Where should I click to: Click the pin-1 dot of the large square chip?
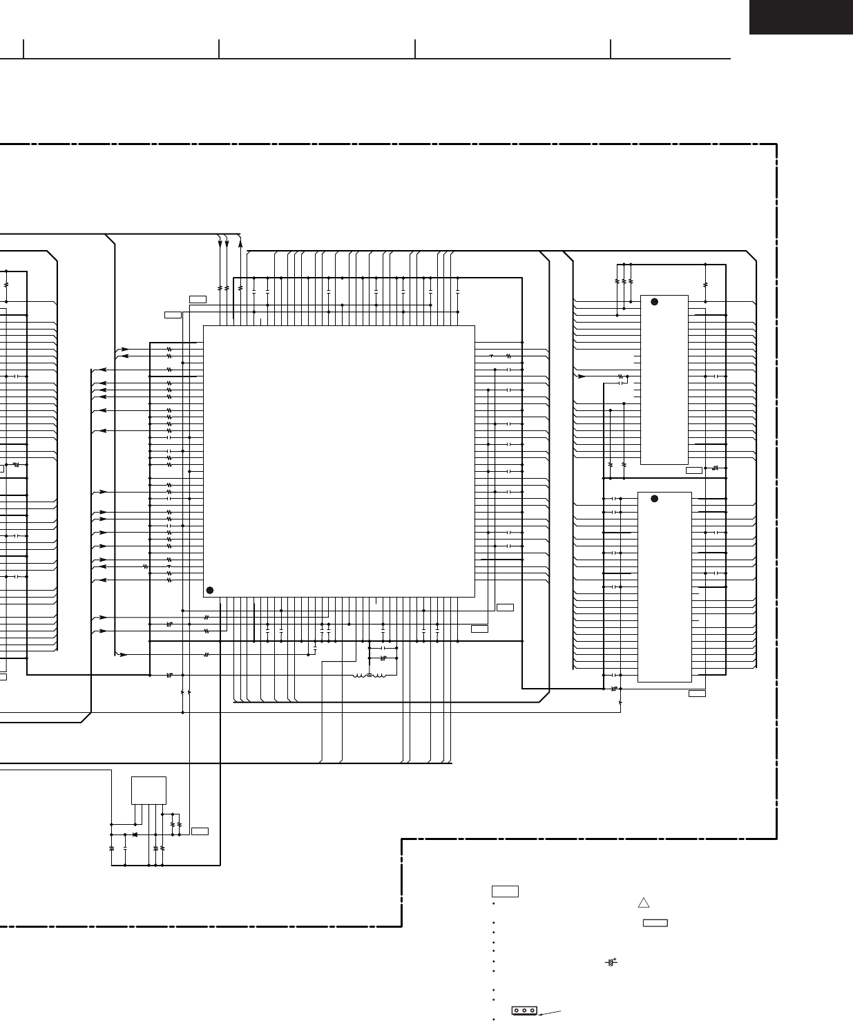point(210,589)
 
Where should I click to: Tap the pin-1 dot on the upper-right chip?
point(653,302)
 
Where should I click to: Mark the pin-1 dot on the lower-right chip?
point(653,499)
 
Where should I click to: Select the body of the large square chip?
point(339,461)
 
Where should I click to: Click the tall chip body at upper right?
point(664,380)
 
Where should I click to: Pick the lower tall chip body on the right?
point(664,587)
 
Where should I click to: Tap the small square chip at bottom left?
point(148,790)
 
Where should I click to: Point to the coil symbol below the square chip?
point(370,675)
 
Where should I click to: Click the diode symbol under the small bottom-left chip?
point(134,834)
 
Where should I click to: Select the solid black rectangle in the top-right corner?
point(801,17)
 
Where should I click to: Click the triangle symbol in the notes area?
point(644,902)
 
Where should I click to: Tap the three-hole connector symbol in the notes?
point(524,1010)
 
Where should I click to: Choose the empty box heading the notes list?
point(506,891)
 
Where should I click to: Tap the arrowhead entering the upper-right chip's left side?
point(582,376)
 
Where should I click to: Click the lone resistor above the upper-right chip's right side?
point(705,283)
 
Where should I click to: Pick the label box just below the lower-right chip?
point(697,693)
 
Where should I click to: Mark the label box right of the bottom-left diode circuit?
point(200,830)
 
